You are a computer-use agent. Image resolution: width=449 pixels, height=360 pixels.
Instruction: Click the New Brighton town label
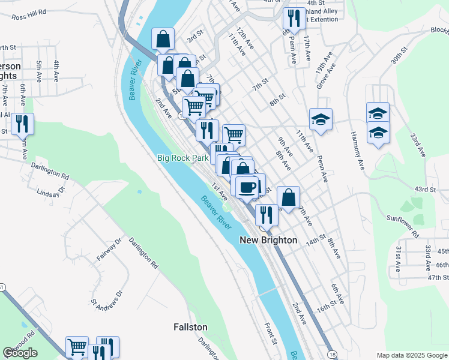point(268,240)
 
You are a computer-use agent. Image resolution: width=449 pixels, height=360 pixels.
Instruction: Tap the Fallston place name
point(190,327)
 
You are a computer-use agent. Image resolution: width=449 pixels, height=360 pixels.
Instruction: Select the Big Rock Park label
point(182,158)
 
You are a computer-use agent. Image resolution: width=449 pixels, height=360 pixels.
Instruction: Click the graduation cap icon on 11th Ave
point(321,119)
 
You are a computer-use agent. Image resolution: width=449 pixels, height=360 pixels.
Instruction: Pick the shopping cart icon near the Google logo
point(77,346)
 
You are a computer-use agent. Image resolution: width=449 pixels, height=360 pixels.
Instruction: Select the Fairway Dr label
point(109,248)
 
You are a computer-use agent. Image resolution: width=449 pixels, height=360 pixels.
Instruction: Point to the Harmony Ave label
point(358,150)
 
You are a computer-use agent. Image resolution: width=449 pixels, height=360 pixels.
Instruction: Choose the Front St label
point(271,333)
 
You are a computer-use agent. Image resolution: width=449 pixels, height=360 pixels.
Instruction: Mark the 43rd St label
point(424,190)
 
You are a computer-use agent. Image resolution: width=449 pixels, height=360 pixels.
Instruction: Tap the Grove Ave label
point(323,76)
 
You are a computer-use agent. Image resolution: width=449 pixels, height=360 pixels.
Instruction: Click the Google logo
point(20,353)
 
